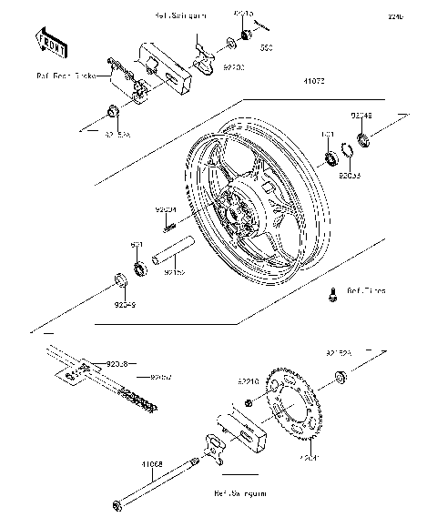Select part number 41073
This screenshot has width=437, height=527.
pyautogui.click(x=303, y=81)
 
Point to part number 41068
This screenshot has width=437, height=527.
pyautogui.click(x=152, y=463)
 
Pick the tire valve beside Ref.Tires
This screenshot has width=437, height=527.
pyautogui.click(x=333, y=294)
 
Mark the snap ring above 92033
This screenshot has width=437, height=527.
pyautogui.click(x=347, y=151)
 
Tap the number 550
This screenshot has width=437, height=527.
pyautogui.click(x=266, y=46)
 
